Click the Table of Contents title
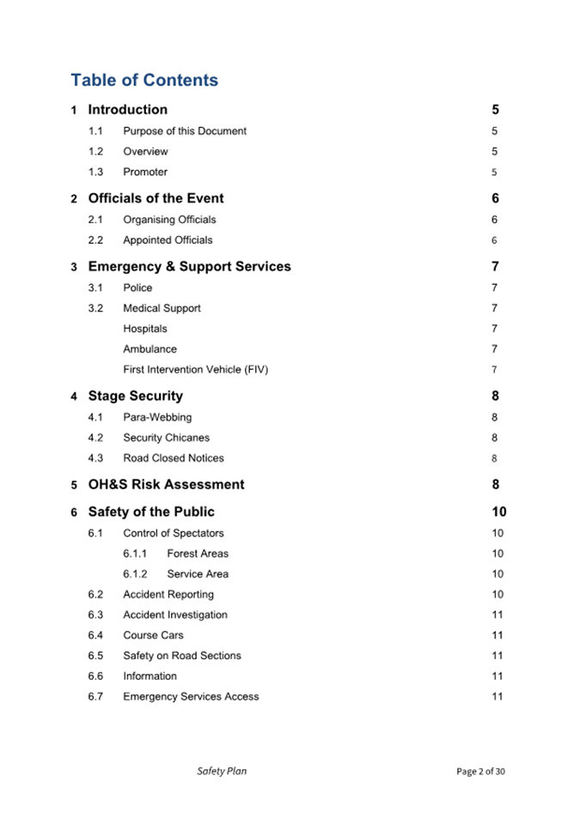click(144, 80)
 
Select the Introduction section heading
click(127, 109)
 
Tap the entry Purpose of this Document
click(185, 131)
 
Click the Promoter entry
click(145, 172)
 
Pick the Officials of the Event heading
click(156, 198)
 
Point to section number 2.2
click(95, 240)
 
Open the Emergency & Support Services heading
click(189, 266)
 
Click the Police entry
click(137, 288)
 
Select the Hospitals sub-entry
click(145, 329)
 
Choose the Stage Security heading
click(135, 396)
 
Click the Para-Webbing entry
click(157, 417)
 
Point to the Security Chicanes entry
click(166, 438)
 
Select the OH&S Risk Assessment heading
click(166, 484)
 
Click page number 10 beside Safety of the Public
click(498, 512)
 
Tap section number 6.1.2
click(135, 574)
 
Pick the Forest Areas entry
click(198, 554)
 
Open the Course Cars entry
click(153, 635)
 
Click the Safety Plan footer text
click(222, 771)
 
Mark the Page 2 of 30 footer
click(480, 772)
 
